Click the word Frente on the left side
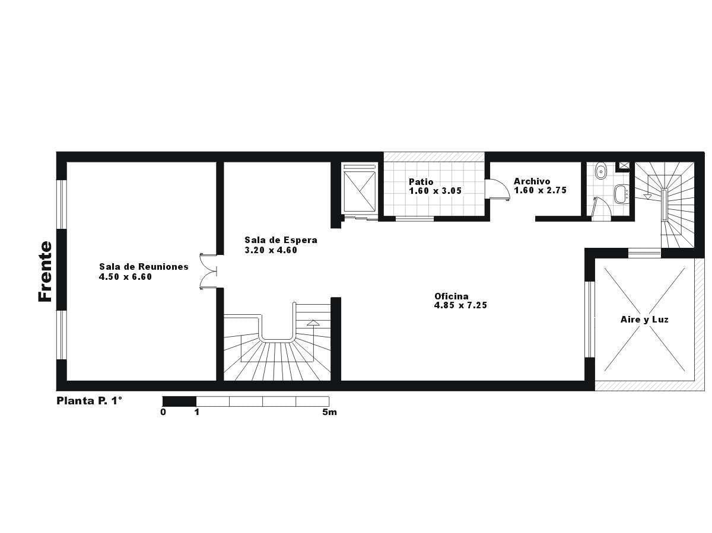45,272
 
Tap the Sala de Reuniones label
144,267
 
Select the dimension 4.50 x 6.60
126,277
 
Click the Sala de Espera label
281,240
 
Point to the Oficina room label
452,296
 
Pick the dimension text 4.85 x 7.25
460,305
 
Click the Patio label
421,182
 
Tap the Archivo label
532,181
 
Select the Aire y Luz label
644,320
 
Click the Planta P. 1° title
90,401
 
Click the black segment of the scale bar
179,401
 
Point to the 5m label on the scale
329,413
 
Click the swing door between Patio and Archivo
498,190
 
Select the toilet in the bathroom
601,171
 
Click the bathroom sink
621,194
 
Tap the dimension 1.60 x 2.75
541,190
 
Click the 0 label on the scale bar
163,413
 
